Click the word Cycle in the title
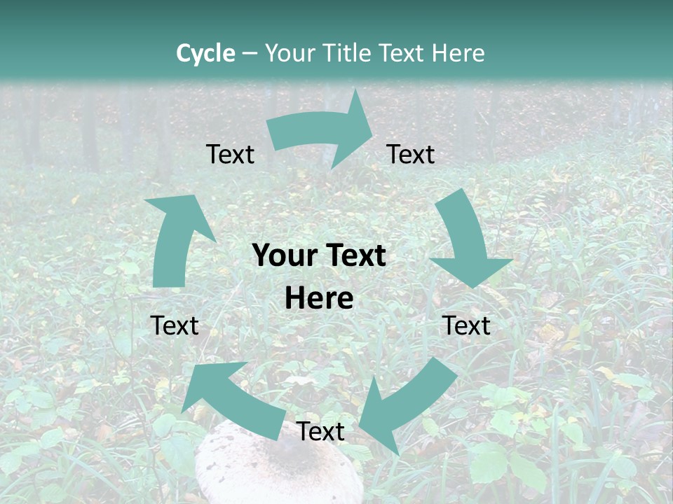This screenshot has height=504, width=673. click(205, 53)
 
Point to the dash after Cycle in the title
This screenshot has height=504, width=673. click(250, 53)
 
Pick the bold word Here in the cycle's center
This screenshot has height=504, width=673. click(319, 299)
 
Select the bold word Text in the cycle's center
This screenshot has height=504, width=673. click(354, 255)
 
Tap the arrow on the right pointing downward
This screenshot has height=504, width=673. click(467, 238)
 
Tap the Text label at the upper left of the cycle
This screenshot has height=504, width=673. click(230, 154)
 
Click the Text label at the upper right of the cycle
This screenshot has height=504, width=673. click(411, 154)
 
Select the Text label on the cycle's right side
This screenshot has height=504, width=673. click(467, 325)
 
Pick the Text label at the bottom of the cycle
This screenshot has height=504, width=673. click(320, 431)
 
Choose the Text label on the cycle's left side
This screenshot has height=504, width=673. click(175, 325)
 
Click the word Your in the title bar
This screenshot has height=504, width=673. click(287, 53)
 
